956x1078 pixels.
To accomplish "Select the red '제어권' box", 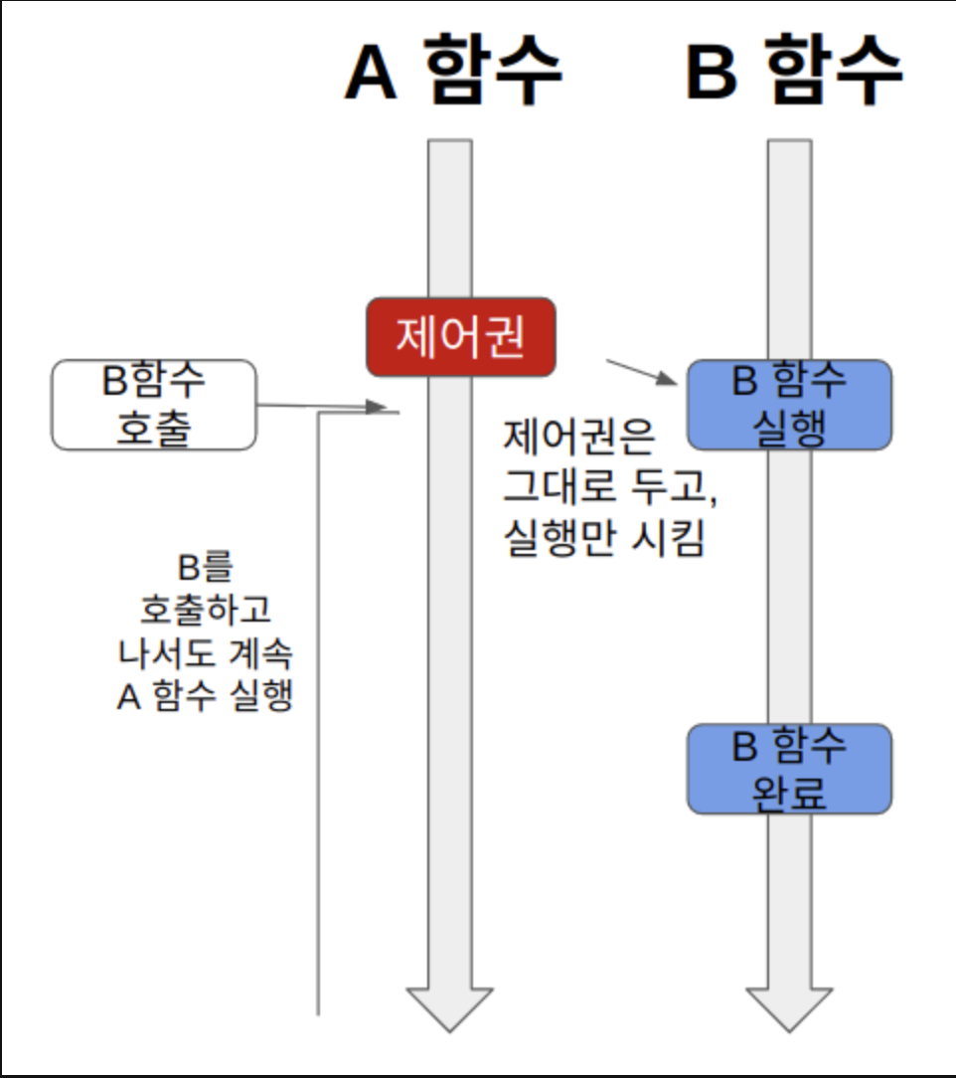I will (x=460, y=337).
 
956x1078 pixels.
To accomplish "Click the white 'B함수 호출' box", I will (x=154, y=405).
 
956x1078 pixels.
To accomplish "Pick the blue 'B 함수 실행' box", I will (x=789, y=405).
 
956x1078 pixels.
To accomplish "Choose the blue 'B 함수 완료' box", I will (x=789, y=769).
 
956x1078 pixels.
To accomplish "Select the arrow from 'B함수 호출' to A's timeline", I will (x=323, y=406).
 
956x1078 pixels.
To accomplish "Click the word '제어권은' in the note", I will (x=575, y=437).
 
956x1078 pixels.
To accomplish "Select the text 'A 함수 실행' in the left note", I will (x=205, y=696).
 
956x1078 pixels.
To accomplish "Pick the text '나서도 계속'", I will (x=205, y=653).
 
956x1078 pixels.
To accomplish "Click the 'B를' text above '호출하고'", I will (x=205, y=568).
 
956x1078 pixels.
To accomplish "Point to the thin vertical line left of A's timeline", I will (x=318, y=716).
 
